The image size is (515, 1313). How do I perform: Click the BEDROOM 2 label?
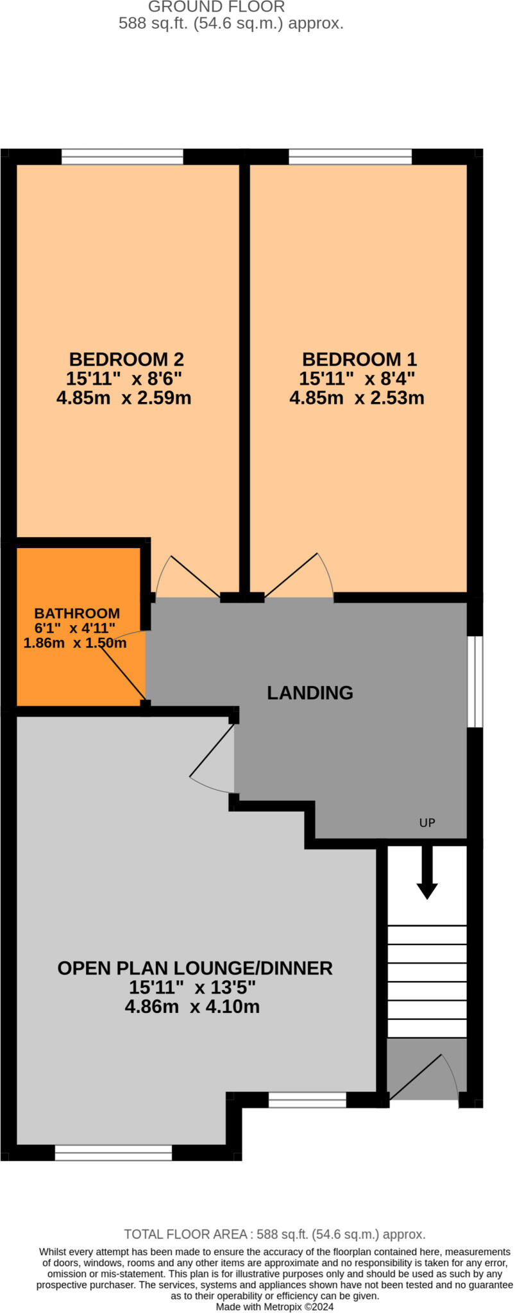126,358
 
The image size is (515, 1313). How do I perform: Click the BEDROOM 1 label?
359,358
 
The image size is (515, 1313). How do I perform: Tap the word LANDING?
310,692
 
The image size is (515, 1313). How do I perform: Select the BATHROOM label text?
77,613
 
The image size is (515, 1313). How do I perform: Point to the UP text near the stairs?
427,823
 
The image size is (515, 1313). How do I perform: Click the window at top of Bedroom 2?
122,156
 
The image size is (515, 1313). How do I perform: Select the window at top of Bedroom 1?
350,156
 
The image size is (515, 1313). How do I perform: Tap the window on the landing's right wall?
475,682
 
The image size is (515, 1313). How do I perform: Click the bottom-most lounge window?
114,1153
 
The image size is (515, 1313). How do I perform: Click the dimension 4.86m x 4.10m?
192,1006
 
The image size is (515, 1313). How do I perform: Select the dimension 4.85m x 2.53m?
357,397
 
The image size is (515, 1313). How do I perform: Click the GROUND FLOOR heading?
217,8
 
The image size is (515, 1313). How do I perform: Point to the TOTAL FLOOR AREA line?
274,1234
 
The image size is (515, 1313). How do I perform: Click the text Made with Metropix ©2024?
274,1307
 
